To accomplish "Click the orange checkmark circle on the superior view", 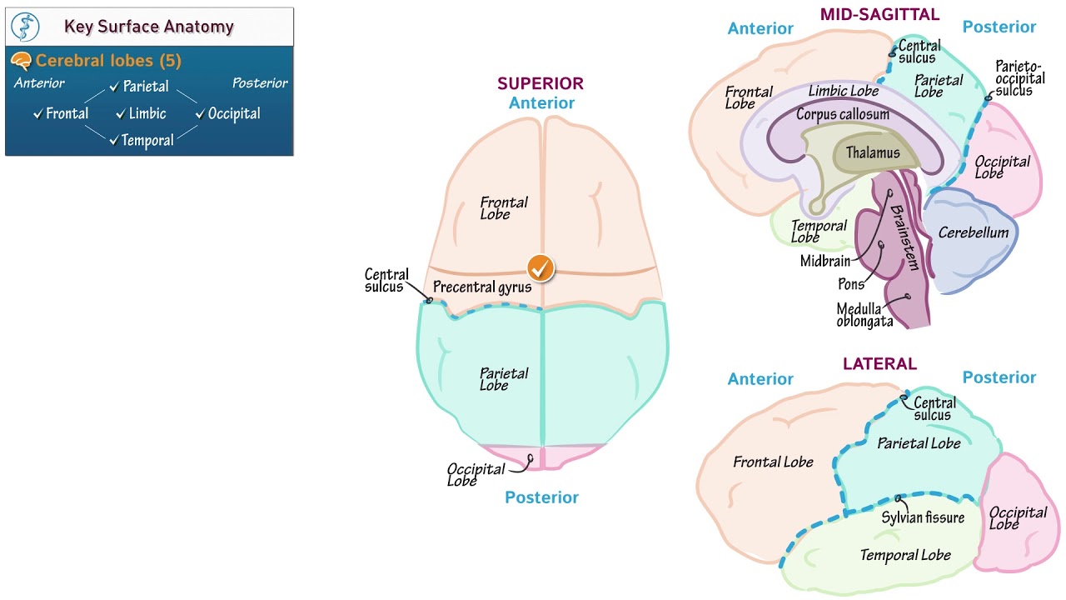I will tap(540, 268).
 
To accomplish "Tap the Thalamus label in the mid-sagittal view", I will tap(873, 152).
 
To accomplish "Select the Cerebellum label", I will tap(973, 232).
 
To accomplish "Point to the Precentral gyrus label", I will tap(482, 287).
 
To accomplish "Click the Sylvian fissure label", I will tap(923, 517).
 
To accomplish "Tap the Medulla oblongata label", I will tap(864, 315).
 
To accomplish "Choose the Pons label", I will tap(850, 284).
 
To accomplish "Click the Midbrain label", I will tap(825, 261).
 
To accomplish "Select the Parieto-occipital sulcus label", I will tap(1019, 77).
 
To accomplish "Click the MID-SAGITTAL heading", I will tap(879, 14).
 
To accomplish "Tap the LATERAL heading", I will tap(879, 364).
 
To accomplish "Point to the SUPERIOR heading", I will tap(540, 83).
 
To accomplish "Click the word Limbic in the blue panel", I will tap(147, 113).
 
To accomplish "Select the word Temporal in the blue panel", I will tap(147, 140).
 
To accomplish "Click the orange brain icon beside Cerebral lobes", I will tap(22, 61).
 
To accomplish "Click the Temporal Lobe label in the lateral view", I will tap(904, 555).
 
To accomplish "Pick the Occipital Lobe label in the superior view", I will tap(476, 474).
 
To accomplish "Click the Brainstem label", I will tap(904, 237).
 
